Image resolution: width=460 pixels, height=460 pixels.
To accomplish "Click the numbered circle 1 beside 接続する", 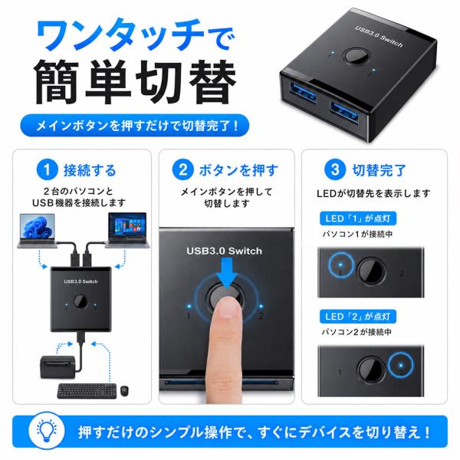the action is pyautogui.click(x=47, y=169).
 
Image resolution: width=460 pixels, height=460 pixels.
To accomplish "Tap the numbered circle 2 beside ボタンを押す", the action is pyautogui.click(x=182, y=169).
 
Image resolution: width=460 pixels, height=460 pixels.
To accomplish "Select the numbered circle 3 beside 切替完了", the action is pyautogui.click(x=335, y=169).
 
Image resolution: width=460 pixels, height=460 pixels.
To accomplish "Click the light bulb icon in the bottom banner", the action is pyautogui.click(x=47, y=431).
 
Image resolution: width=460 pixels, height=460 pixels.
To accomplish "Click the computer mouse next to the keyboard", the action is pyautogui.click(x=124, y=391).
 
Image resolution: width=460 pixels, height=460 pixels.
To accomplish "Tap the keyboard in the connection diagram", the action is pyautogui.click(x=87, y=391).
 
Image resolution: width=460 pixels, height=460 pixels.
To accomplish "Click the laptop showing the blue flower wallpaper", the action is pyautogui.click(x=37, y=231).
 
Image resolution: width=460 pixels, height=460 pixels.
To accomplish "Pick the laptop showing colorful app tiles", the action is pyautogui.click(x=127, y=230).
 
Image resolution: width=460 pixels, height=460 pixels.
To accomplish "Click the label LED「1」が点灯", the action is pyautogui.click(x=358, y=219).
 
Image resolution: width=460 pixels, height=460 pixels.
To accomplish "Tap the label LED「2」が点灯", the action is pyautogui.click(x=358, y=317).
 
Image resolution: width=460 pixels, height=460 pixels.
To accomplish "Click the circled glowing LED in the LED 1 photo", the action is pyautogui.click(x=340, y=265).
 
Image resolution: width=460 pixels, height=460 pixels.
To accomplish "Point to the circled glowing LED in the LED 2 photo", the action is pyautogui.click(x=401, y=365).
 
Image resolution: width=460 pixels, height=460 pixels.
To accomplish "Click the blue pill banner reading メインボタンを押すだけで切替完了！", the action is pyautogui.click(x=135, y=126).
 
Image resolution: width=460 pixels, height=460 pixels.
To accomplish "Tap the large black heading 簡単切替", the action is pyautogui.click(x=135, y=83).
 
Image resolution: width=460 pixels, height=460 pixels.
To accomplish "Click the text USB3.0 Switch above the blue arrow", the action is pyautogui.click(x=224, y=251).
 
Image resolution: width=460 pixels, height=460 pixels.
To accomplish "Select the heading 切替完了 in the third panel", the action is pyautogui.click(x=379, y=170).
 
